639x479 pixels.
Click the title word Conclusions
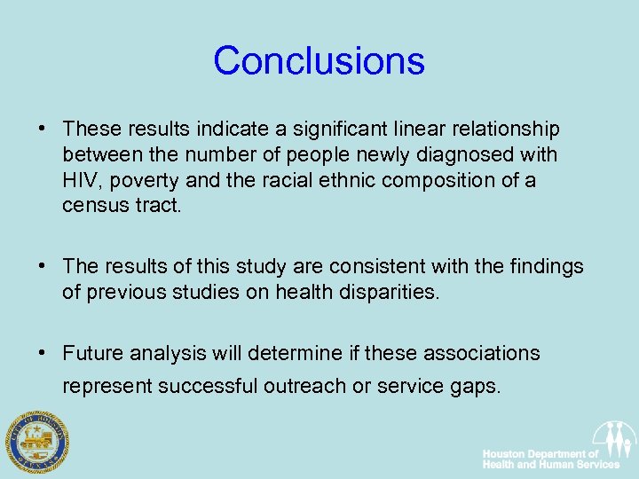point(319,60)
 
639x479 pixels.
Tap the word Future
point(92,353)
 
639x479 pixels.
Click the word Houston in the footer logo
point(505,453)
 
